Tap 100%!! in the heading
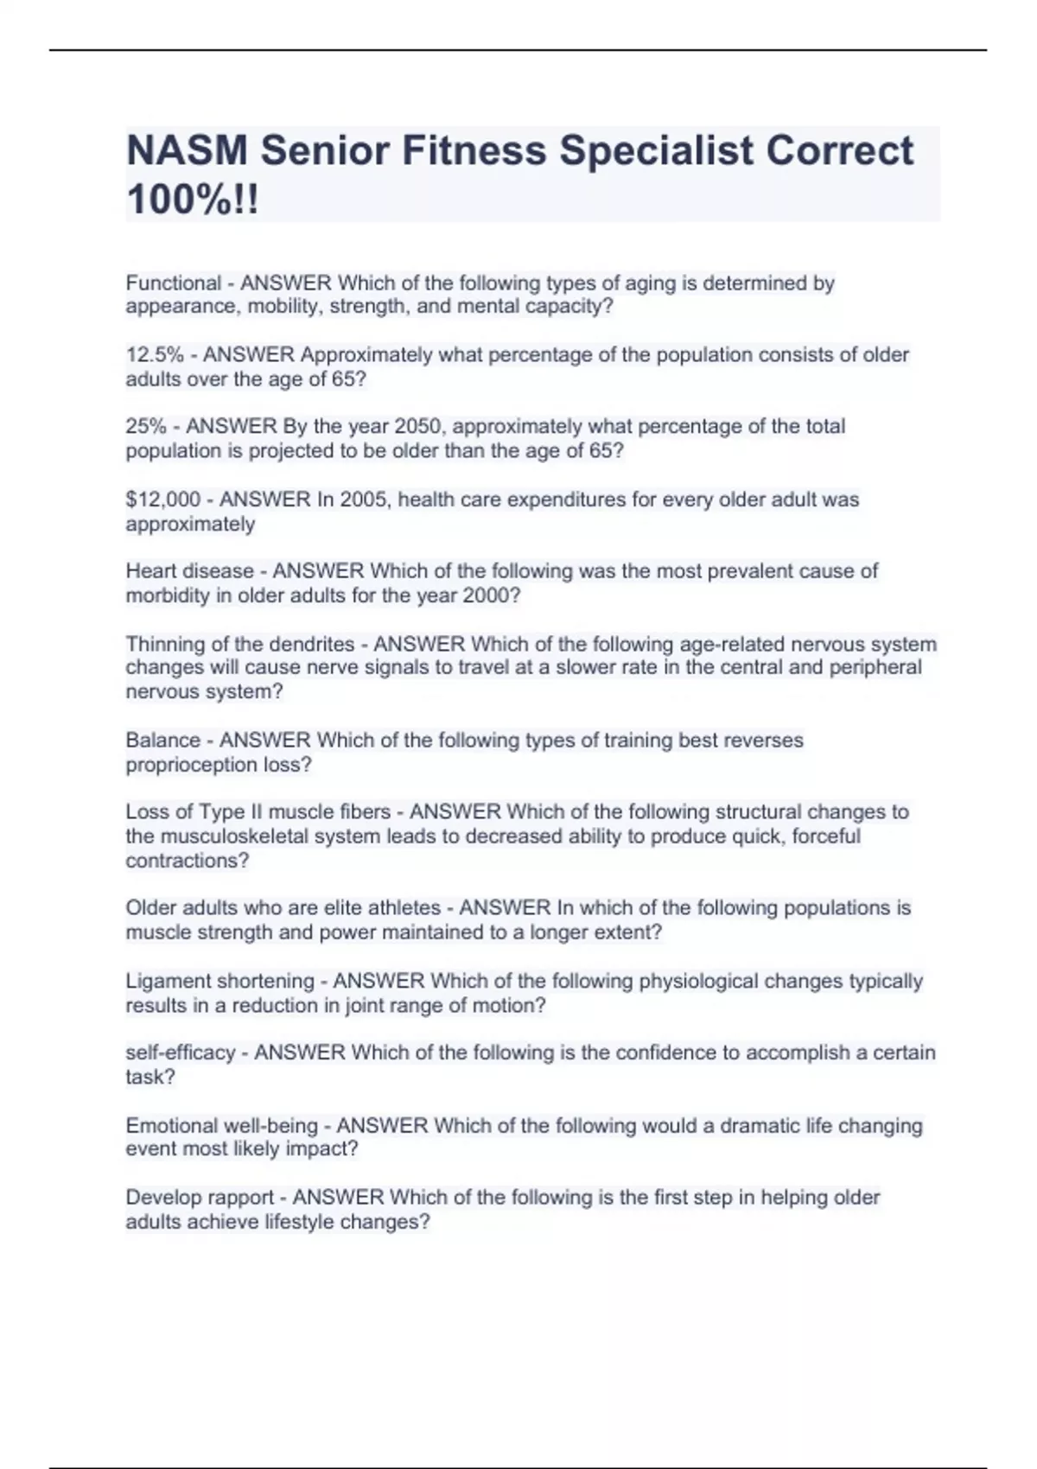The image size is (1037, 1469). (192, 200)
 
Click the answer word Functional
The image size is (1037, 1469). (174, 283)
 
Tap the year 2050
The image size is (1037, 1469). (418, 427)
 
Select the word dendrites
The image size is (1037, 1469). (311, 645)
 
